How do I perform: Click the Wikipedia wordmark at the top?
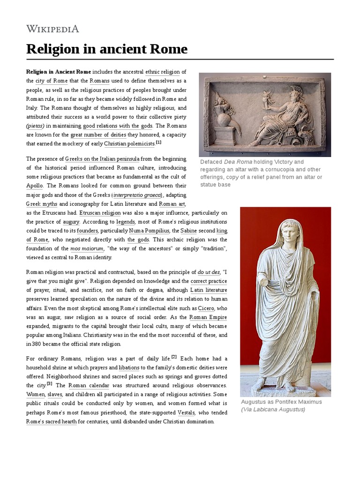click(52, 29)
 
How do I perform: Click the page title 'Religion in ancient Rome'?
click(107, 49)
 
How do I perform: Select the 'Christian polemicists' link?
click(129, 143)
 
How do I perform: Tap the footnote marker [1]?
click(158, 142)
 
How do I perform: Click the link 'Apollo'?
click(35, 186)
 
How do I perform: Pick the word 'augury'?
click(71, 221)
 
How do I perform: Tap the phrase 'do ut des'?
click(208, 272)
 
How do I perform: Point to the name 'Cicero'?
click(206, 308)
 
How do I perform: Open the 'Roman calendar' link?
click(89, 385)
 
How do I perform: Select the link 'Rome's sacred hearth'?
click(51, 421)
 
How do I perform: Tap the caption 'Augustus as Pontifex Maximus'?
click(281, 402)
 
